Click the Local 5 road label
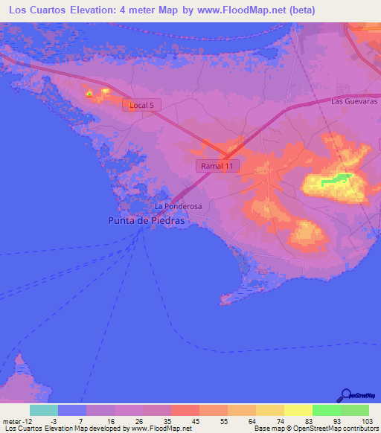coord(141,106)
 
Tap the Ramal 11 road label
coord(217,166)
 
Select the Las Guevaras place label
coord(355,100)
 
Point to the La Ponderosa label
coord(178,206)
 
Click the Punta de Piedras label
coord(146,220)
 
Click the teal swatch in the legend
coord(44,410)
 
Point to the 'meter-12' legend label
coord(15,420)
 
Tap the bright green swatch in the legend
coord(327,410)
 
